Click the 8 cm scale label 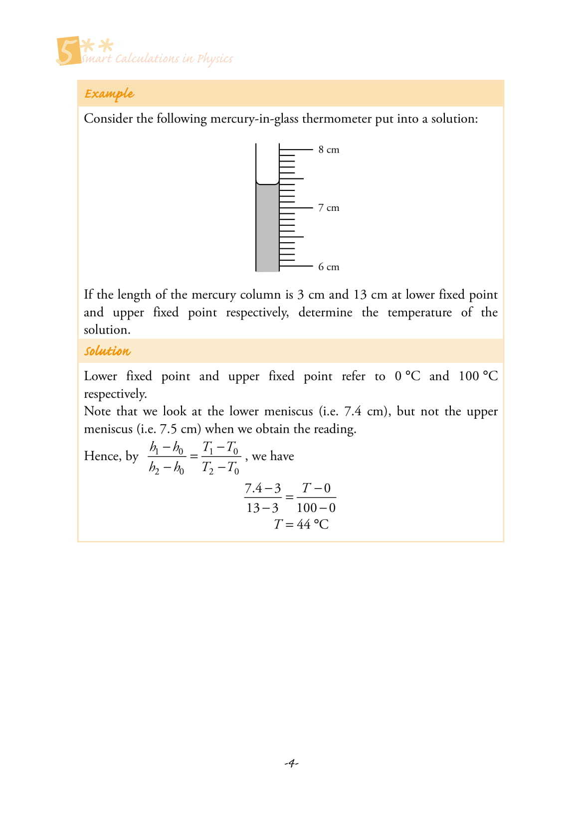point(329,150)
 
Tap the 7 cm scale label point(329,208)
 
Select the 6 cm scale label point(329,267)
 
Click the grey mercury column point(267,229)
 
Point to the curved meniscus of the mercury point(267,184)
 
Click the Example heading point(109,94)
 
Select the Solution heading point(107,351)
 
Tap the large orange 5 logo point(68,51)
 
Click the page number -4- point(291,763)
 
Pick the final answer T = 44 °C point(301,524)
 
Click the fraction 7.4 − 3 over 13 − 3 point(263,497)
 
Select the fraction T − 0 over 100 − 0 point(316,497)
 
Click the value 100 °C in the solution point(478,376)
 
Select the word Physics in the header point(215,59)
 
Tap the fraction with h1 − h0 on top point(167,457)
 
